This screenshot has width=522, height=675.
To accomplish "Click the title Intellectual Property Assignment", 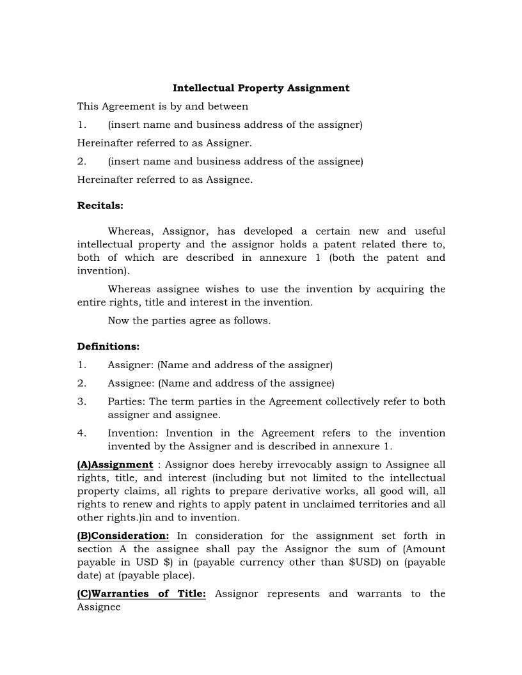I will point(261,88).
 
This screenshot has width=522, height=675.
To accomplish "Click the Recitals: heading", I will point(100,206).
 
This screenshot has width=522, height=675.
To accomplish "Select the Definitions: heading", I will point(108,346).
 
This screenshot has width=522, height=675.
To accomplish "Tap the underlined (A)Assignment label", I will point(115,465).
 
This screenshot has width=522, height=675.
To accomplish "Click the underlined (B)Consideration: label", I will point(123,536).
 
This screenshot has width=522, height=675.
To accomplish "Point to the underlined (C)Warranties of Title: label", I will point(141,594).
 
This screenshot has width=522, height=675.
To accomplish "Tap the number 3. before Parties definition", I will point(82,401).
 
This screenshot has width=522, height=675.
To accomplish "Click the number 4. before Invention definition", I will point(82,433).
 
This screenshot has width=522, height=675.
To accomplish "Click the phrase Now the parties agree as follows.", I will point(189,320).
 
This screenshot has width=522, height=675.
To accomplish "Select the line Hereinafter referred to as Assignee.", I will point(164,180).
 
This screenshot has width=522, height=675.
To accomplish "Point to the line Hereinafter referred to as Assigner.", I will point(164,143).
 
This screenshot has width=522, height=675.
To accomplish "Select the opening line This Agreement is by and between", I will point(162,106).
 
